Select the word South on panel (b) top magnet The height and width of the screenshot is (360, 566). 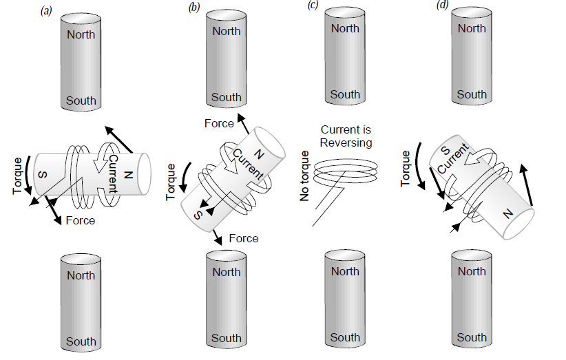227,97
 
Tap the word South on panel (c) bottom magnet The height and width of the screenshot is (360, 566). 345,337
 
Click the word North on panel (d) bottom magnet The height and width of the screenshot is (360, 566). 472,271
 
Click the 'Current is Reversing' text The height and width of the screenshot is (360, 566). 345,136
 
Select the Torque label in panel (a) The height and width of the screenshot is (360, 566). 18,175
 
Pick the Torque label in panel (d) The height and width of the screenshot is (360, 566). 406,168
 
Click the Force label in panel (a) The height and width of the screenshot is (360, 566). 80,221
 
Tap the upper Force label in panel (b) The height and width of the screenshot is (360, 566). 220,123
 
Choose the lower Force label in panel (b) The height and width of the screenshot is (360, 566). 244,238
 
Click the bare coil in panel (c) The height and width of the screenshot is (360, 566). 344,169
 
